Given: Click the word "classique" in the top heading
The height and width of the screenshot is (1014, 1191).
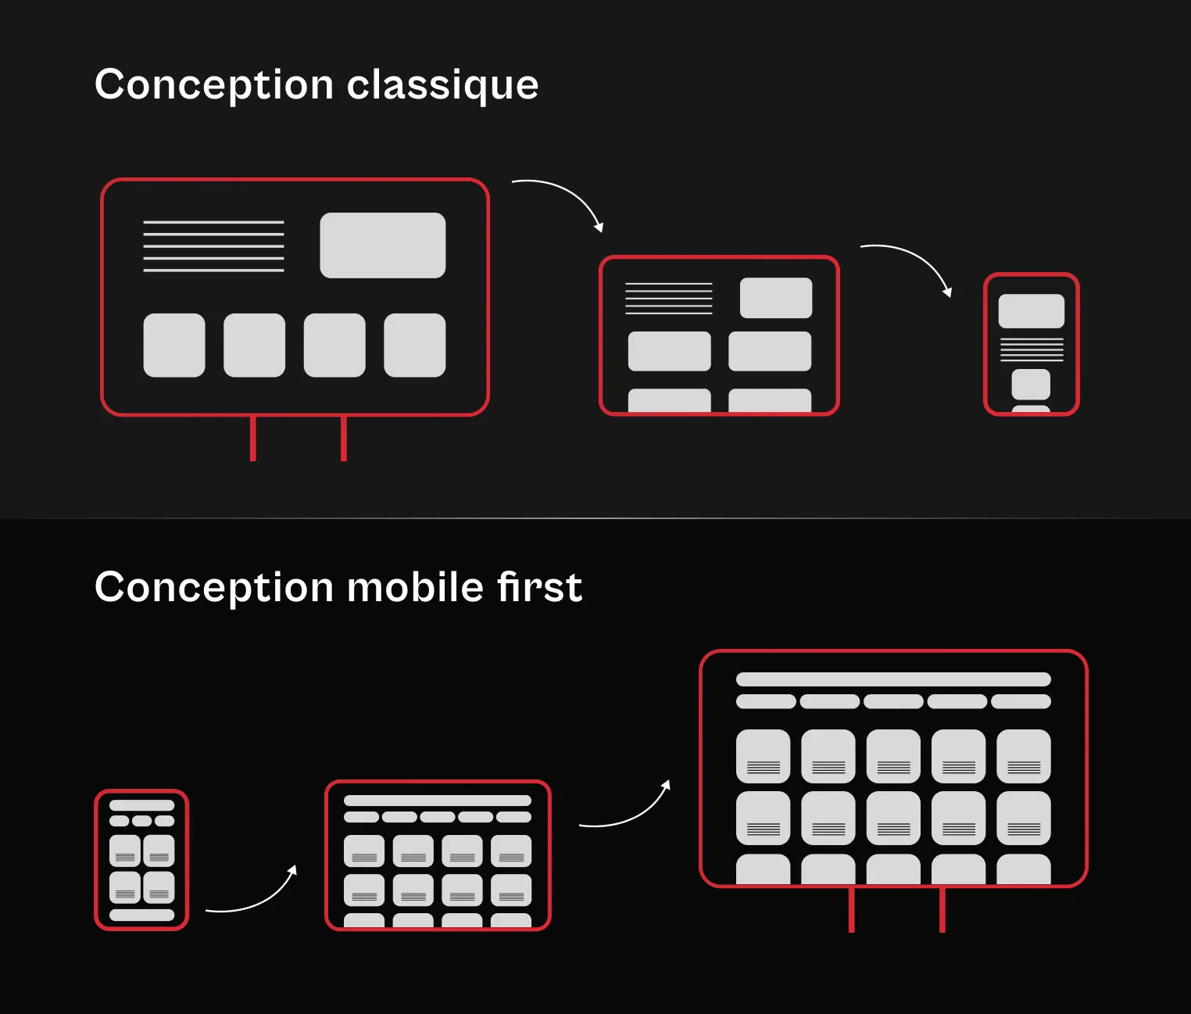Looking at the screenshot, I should click(442, 84).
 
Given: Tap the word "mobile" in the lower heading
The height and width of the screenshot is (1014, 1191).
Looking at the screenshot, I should click(415, 587).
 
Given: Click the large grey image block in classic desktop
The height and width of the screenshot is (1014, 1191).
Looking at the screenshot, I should click(383, 245).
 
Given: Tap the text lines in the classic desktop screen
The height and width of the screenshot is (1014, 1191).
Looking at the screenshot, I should click(213, 246).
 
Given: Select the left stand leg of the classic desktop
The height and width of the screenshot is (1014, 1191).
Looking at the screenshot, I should click(252, 439).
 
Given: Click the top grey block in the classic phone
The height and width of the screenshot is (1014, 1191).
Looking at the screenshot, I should click(1031, 311).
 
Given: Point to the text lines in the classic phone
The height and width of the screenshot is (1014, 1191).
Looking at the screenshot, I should click(1032, 349).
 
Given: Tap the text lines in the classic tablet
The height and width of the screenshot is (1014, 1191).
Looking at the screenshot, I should click(668, 298).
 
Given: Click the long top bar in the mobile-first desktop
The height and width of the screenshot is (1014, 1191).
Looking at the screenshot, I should click(893, 679).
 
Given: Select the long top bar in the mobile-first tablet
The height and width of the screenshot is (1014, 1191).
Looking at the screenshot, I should click(438, 801).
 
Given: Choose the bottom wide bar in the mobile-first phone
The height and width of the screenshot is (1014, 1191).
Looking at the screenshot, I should click(141, 915).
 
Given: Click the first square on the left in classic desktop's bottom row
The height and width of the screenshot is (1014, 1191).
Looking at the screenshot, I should click(174, 346).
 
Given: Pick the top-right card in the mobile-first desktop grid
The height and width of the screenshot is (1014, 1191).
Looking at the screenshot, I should click(1024, 756).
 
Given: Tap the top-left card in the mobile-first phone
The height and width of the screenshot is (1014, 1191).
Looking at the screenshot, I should click(125, 851).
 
